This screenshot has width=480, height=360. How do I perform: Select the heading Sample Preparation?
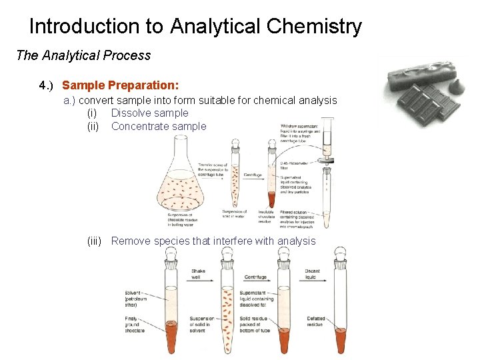(x=120, y=85)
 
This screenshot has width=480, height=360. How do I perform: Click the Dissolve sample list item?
(x=149, y=113)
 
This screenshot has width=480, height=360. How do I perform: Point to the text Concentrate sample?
(x=159, y=126)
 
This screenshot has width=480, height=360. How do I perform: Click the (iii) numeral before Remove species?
(x=94, y=241)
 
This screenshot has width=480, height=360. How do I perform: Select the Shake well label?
(x=199, y=275)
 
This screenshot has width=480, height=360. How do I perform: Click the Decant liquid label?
(x=312, y=275)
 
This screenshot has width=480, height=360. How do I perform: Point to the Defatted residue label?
(x=315, y=322)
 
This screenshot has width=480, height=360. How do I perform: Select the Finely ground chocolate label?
(x=135, y=325)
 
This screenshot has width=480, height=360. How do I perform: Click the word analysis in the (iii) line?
(x=296, y=241)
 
